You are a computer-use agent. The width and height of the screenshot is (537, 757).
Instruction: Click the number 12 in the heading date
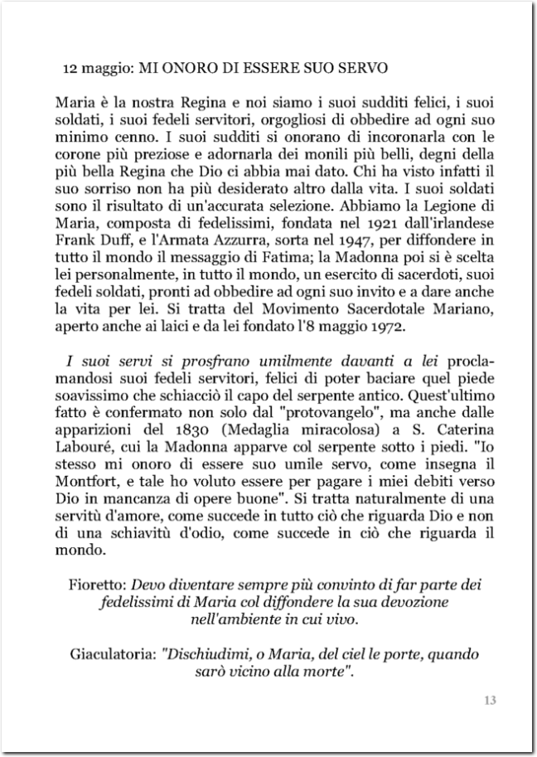pos(70,66)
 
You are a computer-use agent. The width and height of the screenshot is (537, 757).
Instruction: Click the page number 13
pos(489,702)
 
